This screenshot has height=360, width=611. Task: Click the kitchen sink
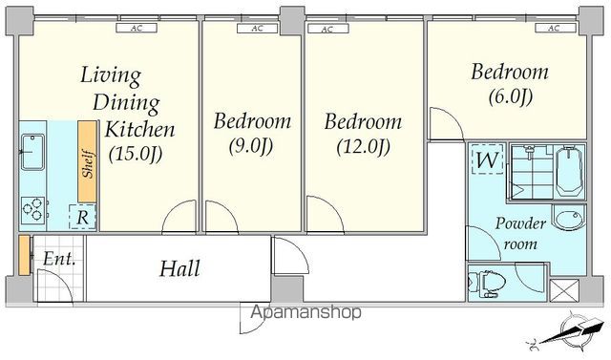click(x=32, y=152)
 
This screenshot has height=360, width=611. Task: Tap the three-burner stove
click(x=32, y=210)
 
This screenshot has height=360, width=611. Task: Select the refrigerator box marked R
click(x=82, y=217)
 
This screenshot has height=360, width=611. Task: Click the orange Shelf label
click(x=87, y=161)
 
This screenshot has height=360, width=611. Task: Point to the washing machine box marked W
click(x=487, y=159)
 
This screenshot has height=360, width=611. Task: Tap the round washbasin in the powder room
click(x=570, y=218)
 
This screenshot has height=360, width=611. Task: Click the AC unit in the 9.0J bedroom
click(x=257, y=28)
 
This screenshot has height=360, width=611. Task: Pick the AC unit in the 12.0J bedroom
click(x=327, y=29)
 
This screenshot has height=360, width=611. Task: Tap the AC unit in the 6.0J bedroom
click(x=556, y=28)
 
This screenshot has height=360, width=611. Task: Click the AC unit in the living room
click(x=137, y=28)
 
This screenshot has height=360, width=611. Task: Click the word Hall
click(x=180, y=268)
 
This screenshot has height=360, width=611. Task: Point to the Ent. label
click(x=59, y=259)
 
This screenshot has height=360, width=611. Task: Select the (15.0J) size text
click(x=136, y=154)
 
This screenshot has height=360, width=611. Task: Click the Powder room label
click(x=520, y=233)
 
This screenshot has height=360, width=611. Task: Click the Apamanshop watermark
click(x=305, y=311)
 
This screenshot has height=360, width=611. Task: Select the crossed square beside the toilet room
click(x=564, y=290)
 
